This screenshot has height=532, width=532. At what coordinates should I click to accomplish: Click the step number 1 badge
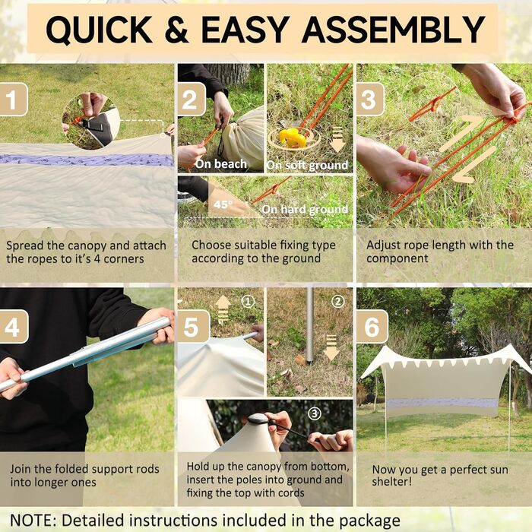pos(13,100)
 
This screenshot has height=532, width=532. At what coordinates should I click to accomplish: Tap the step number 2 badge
pos(192,100)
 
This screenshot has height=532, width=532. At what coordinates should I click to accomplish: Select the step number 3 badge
pos(371,100)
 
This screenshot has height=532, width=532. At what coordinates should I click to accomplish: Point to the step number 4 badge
pos(14,326)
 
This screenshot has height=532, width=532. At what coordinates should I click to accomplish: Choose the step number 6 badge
pos(372,326)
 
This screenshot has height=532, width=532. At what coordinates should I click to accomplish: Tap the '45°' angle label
pos(223,204)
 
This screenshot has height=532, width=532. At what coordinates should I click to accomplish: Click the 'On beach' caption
pos(221,164)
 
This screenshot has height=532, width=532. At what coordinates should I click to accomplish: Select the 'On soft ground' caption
pos(307,165)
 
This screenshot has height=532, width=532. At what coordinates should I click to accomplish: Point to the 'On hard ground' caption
pos(305,209)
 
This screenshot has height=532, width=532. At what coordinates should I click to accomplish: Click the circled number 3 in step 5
pos(315,413)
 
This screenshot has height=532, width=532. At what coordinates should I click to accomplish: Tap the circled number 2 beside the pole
pos(337,301)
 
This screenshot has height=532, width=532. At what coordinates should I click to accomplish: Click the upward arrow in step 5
pos(223,309)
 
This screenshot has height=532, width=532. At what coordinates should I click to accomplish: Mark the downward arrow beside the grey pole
pos(331,348)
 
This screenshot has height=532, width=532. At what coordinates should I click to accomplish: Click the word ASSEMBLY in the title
pos(394,29)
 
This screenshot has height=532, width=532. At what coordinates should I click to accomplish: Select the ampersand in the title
pos(176,29)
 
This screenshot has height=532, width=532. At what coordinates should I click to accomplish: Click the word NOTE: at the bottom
pos(33,520)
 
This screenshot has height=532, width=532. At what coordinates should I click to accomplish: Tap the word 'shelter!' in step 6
pos(392,481)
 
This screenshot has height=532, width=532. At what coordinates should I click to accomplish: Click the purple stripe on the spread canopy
pos(87,160)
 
